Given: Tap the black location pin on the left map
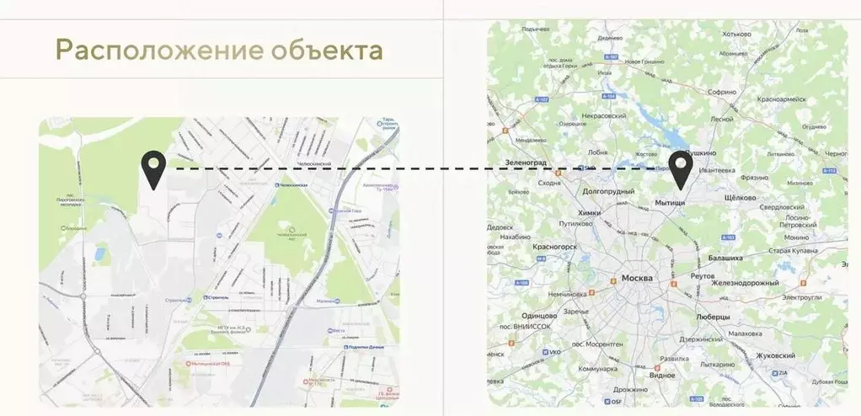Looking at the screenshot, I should coord(153,169).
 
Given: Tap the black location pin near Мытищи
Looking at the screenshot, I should coord(680,170).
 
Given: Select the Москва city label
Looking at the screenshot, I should coord(638,278).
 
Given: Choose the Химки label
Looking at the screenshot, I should coord(590,213).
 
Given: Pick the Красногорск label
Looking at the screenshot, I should coord(554,247).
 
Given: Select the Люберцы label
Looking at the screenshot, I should coord(714,317).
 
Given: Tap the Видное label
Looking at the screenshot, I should coord(661,376).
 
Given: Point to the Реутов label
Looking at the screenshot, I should coord(702,276).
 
